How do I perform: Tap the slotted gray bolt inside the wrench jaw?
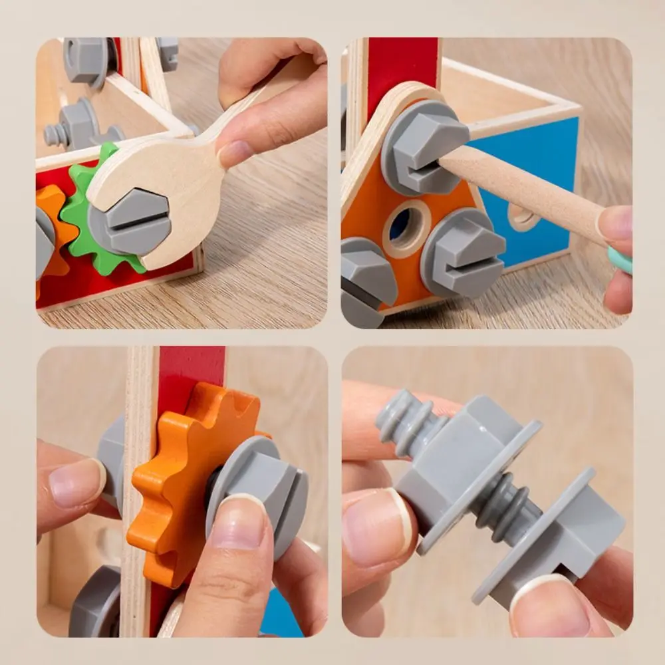coord(130,220)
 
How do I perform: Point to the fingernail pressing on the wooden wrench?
coord(235,153)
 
